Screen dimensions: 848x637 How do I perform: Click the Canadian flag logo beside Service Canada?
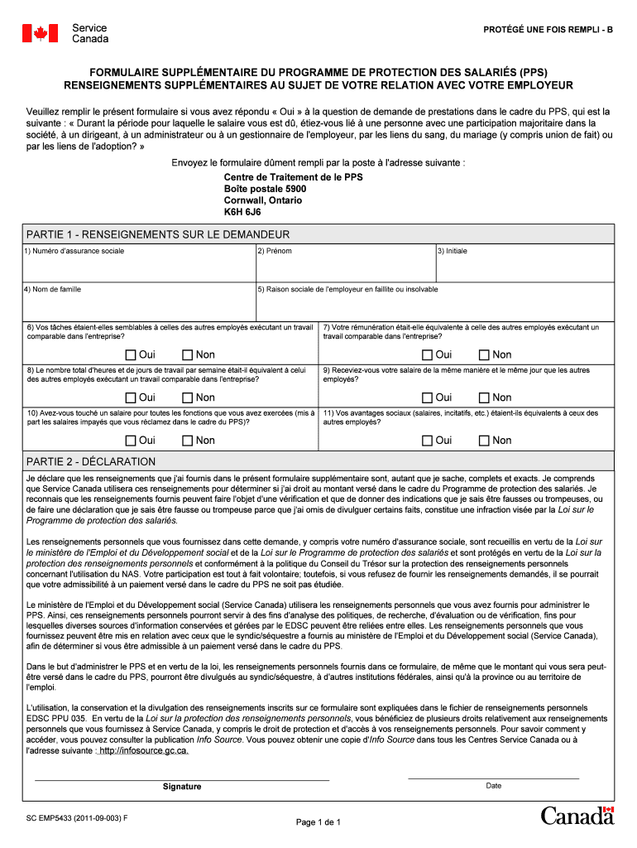40,33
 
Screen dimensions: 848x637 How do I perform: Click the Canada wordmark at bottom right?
577,816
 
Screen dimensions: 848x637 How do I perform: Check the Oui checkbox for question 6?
131,355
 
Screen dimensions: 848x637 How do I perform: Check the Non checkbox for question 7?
484,355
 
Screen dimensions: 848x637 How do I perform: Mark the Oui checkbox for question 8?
131,398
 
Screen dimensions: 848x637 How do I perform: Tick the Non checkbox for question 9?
484,398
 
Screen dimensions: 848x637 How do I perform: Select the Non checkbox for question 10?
187,441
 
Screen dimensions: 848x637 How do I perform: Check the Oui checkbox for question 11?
427,441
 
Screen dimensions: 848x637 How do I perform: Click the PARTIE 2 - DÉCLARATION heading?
91,461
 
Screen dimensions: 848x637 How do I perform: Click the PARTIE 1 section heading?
158,234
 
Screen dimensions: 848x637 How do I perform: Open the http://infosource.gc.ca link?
144,751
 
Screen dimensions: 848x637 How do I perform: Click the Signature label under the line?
182,787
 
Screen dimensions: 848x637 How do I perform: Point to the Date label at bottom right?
493,786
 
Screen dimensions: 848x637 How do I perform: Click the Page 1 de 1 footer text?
318,822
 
